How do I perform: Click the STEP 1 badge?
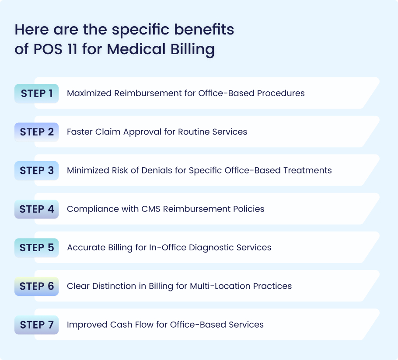click(x=37, y=93)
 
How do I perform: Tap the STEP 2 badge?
click(x=37, y=132)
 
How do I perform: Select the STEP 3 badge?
click(x=37, y=170)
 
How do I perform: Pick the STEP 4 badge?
click(x=37, y=209)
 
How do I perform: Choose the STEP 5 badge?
click(x=37, y=247)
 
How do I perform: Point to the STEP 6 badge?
click(x=37, y=286)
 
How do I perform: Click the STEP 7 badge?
click(x=37, y=325)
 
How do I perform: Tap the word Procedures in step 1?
click(x=281, y=93)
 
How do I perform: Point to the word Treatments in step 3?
click(x=307, y=170)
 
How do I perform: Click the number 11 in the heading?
click(x=72, y=49)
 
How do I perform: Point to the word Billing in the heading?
click(x=192, y=49)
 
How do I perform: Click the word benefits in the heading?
click(x=204, y=29)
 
